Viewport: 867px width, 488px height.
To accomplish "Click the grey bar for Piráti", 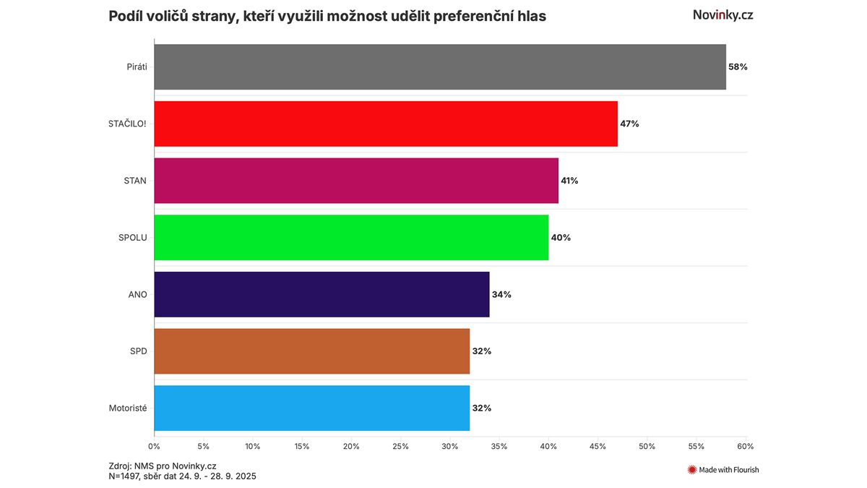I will (439, 67).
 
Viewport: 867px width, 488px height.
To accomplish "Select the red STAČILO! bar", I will (386, 124).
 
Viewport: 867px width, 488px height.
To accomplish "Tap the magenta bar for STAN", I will (356, 181).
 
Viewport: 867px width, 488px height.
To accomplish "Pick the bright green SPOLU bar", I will (351, 237).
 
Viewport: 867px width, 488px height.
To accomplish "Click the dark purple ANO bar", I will (322, 294).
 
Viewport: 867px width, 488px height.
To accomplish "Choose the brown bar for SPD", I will (311, 351).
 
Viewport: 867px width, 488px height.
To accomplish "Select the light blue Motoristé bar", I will (311, 408).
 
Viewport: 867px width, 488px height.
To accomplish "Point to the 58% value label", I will (738, 67).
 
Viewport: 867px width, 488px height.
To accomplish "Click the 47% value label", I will (629, 124).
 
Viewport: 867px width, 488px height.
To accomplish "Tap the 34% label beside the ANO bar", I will (501, 294).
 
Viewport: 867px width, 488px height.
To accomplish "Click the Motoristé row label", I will (127, 408).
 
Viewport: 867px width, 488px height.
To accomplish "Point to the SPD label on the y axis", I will (138, 351).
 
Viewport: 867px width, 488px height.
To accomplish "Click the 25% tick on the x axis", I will (400, 446).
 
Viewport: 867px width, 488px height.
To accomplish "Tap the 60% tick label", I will (745, 446).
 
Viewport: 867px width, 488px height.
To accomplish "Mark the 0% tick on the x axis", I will (154, 446).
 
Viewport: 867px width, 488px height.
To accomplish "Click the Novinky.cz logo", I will (722, 14).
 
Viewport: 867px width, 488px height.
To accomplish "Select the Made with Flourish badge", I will (722, 470).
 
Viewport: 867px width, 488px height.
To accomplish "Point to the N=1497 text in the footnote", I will (125, 476).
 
